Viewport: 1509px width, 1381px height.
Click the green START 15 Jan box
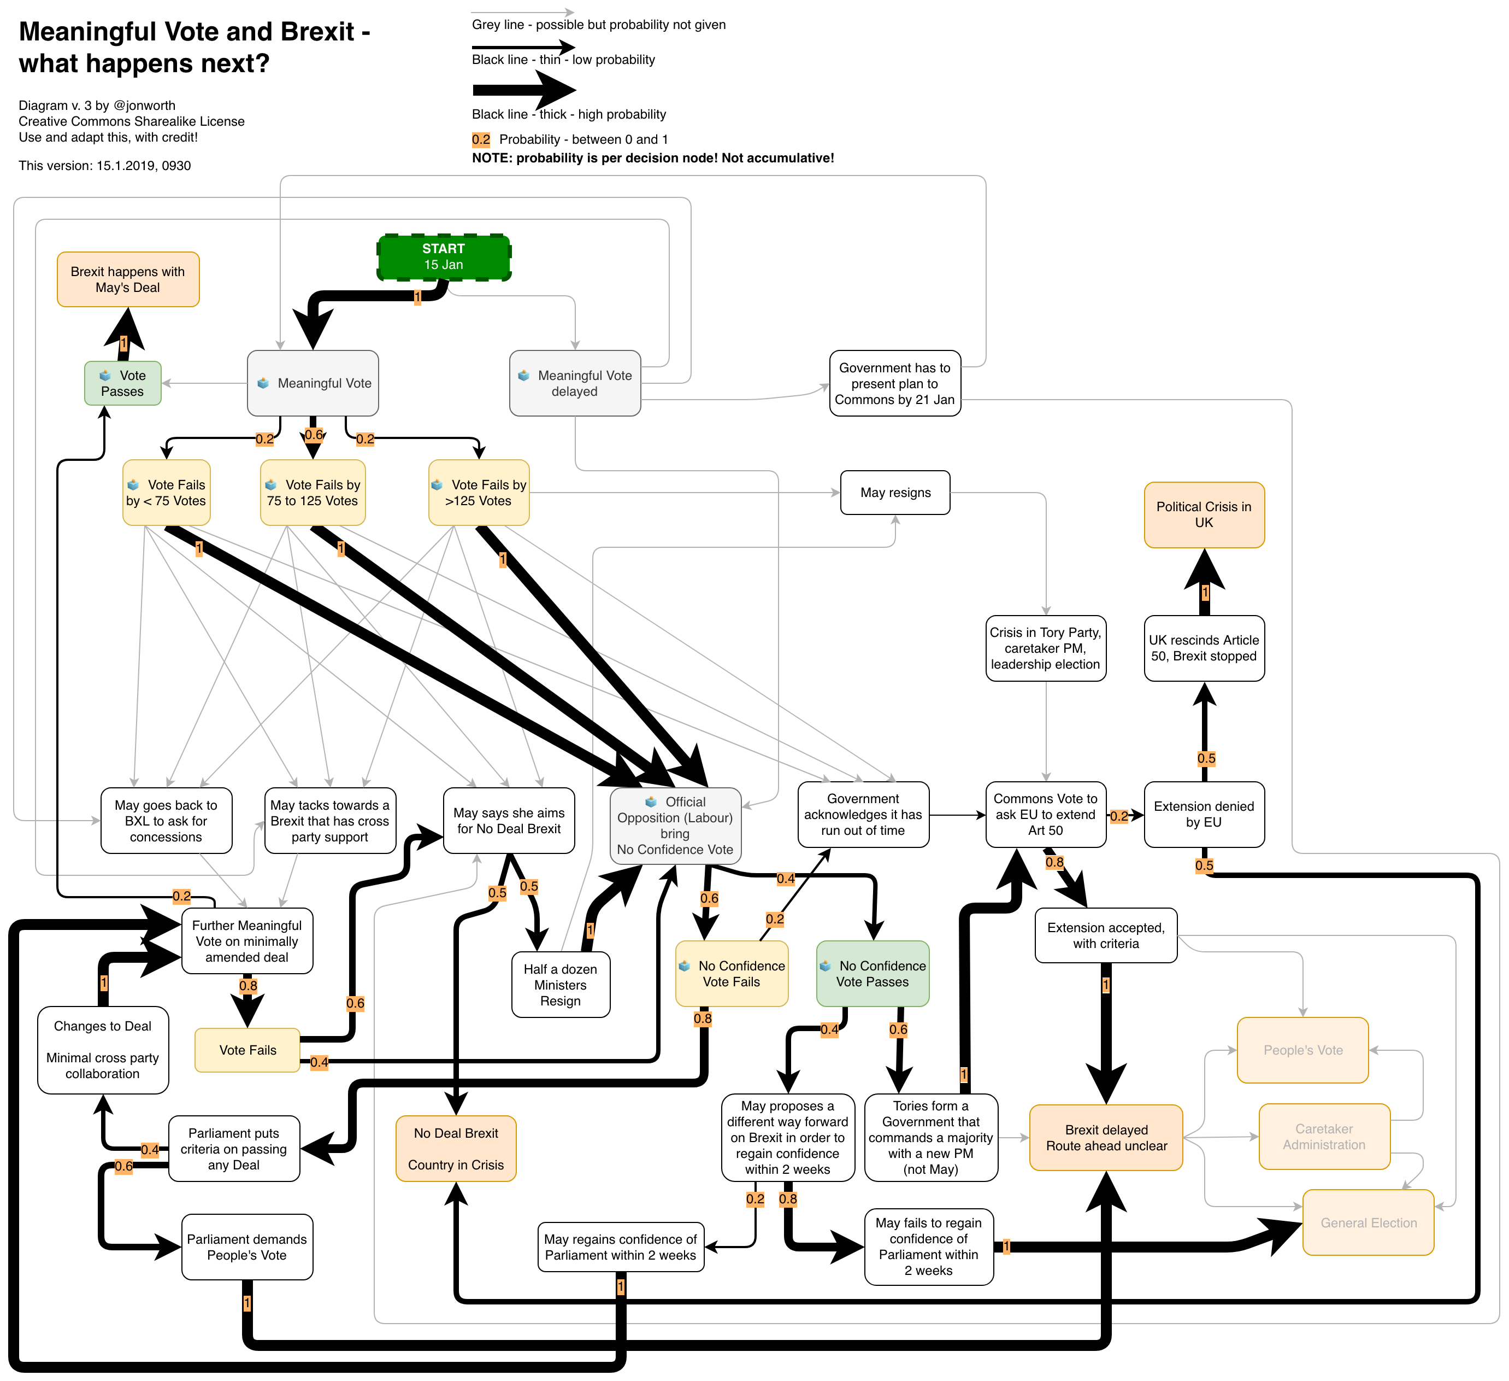pyautogui.click(x=444, y=257)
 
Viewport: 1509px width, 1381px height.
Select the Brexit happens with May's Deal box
pyautogui.click(x=128, y=279)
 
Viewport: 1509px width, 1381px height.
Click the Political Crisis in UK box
pyautogui.click(x=1204, y=514)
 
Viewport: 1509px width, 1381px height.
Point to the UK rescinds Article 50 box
pyautogui.click(x=1204, y=648)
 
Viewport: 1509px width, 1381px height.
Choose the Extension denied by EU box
pyautogui.click(x=1204, y=814)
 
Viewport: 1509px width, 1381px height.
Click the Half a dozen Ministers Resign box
pyautogui.click(x=560, y=984)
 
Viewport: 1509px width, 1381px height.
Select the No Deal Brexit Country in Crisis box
pyautogui.click(x=456, y=1148)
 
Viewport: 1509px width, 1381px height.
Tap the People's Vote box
pyautogui.click(x=1302, y=1050)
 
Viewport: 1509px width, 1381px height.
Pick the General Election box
pyautogui.click(x=1368, y=1222)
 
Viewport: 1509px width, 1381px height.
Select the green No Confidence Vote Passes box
pyautogui.click(x=872, y=974)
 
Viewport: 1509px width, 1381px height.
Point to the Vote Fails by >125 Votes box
pyautogui.click(x=479, y=493)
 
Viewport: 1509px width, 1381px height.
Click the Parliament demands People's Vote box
pyautogui.click(x=247, y=1247)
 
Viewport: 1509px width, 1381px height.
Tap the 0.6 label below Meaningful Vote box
pyautogui.click(x=314, y=435)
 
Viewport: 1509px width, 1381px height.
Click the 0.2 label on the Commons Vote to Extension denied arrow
pyautogui.click(x=1119, y=816)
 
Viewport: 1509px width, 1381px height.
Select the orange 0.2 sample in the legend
pyautogui.click(x=481, y=139)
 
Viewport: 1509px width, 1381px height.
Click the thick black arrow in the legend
pyautogui.click(x=523, y=90)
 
